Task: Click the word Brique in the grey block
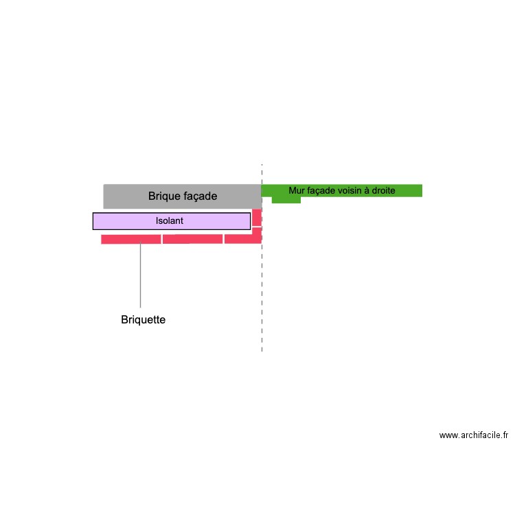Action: click(x=163, y=196)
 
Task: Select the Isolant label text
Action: click(x=170, y=220)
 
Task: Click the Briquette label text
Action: click(x=144, y=319)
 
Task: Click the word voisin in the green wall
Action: click(x=349, y=190)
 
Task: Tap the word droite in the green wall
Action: click(x=383, y=190)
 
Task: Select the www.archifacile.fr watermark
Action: click(x=474, y=435)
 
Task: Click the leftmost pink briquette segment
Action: click(x=131, y=239)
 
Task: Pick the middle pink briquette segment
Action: click(x=192, y=239)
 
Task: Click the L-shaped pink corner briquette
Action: click(x=243, y=239)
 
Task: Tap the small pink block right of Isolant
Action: click(x=257, y=217)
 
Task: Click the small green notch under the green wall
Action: click(x=286, y=200)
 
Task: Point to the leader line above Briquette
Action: click(x=141, y=275)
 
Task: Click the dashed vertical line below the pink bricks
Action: click(x=262, y=297)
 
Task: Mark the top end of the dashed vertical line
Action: click(x=262, y=164)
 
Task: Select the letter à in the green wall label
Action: click(x=367, y=190)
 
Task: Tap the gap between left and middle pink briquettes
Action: click(x=162, y=239)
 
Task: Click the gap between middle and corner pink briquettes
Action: click(x=223, y=239)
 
